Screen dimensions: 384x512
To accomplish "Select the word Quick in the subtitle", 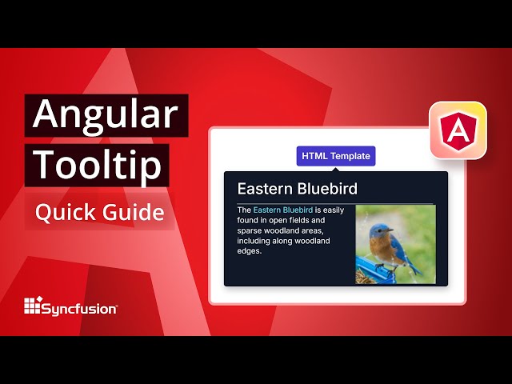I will (66, 213).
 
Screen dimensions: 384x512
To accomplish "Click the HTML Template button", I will (336, 156).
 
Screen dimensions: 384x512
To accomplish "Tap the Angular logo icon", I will (458, 130).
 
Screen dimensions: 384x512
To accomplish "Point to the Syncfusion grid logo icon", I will (32, 306).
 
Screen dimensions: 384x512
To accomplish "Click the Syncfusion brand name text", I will (79, 307).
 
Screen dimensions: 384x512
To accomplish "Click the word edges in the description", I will (250, 252).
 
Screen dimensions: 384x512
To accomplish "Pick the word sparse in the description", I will (250, 231).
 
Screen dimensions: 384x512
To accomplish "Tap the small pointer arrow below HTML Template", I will (336, 169).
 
